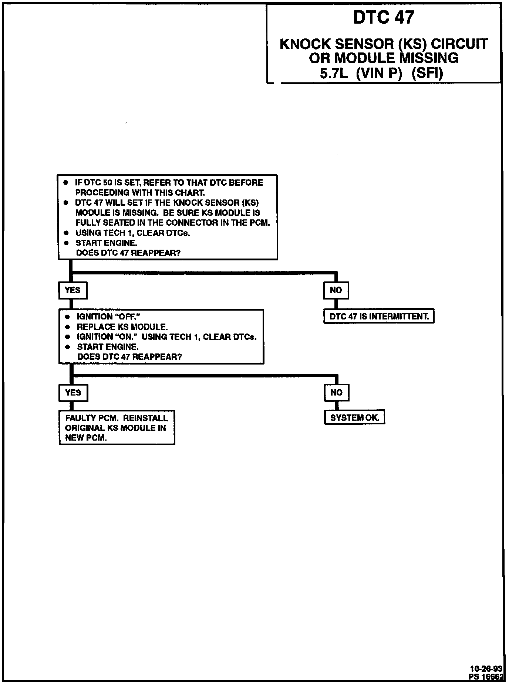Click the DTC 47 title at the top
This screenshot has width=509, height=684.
(384, 17)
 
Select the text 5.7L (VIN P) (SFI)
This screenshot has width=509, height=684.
(381, 74)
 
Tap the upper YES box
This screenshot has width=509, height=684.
(73, 290)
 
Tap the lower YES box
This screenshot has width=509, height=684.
(73, 393)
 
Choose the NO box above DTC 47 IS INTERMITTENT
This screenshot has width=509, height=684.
(336, 290)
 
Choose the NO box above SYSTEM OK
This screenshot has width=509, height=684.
(336, 393)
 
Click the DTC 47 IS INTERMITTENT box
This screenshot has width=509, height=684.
(379, 317)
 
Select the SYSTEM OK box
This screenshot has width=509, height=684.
(354, 418)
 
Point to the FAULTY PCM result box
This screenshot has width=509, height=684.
(117, 428)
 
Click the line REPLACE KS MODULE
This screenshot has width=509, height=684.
(122, 327)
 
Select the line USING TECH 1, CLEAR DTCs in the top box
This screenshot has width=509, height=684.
(132, 233)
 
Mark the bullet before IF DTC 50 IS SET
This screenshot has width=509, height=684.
(66, 183)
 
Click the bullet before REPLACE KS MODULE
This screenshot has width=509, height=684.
(67, 327)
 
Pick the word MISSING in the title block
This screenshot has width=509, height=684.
(429, 58)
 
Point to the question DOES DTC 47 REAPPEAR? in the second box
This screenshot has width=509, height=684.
(129, 357)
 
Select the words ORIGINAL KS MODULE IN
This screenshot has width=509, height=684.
(115, 428)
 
